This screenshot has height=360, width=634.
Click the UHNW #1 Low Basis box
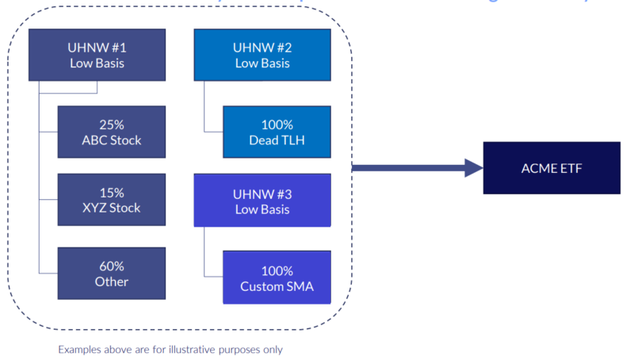(97, 55)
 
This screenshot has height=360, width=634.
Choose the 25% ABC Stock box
(111, 132)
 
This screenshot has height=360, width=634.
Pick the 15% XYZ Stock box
(111, 200)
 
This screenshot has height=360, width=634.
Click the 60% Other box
(111, 274)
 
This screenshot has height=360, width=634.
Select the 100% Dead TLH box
(277, 132)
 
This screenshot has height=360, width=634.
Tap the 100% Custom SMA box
(277, 278)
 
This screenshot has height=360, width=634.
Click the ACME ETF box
(552, 167)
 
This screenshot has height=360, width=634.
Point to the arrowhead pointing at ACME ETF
(473, 167)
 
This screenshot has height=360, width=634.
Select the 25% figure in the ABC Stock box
(112, 124)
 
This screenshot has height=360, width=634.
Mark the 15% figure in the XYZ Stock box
(112, 193)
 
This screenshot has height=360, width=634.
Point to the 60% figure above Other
(112, 266)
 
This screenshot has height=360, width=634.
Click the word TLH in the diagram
(294, 140)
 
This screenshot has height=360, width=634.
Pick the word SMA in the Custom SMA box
(299, 285)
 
